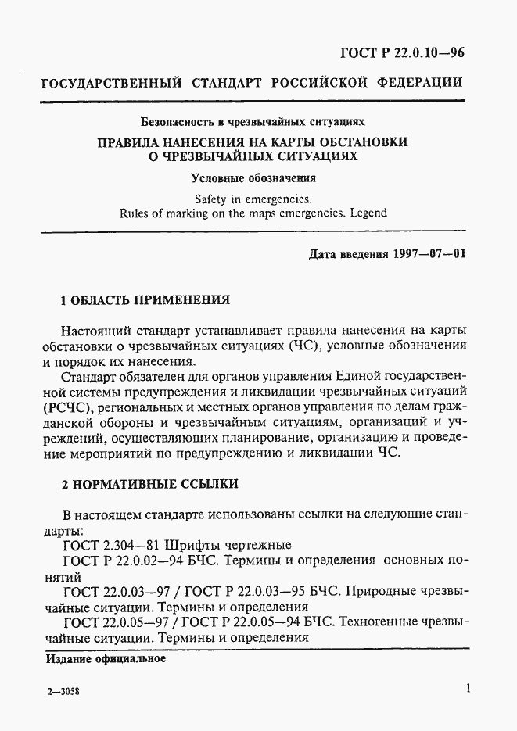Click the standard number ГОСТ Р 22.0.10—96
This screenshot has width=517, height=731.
coord(401,53)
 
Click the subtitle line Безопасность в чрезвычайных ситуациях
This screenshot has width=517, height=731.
coord(252,123)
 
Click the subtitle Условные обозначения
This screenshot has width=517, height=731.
coord(252,177)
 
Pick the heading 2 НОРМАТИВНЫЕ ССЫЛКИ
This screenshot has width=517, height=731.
coord(150,485)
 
